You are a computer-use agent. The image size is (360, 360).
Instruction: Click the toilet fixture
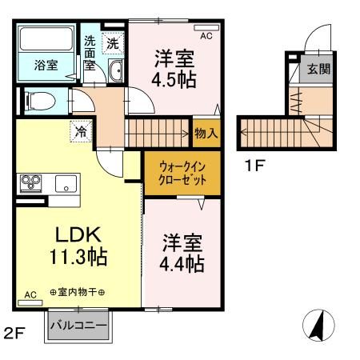pos(40,102)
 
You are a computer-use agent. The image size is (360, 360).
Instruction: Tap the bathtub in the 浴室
pos(46,38)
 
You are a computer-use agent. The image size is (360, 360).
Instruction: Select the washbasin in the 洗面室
pos(115,70)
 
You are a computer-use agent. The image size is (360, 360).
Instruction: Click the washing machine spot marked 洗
pos(113,43)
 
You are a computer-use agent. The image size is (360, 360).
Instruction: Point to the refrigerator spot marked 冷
pos(81,131)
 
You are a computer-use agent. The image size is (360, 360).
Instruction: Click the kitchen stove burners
pos(31,183)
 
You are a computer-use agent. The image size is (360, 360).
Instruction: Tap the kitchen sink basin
pos(66,184)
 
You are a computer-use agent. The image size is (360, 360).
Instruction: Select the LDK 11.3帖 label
pos(78,246)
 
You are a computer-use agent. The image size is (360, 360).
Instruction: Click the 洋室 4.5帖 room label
pos(174,69)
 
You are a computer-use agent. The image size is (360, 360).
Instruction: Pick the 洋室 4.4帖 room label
pos(182,253)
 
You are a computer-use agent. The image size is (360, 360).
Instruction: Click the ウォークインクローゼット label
pos(182,174)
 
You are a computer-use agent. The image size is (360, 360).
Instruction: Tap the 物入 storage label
pos(206,133)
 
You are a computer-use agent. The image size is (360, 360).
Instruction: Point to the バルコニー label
pos(78,326)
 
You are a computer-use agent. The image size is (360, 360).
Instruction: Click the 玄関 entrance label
pos(318,69)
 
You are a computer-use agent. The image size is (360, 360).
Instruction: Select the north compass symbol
pos(318,326)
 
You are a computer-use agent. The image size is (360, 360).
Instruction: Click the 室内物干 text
pos(78,292)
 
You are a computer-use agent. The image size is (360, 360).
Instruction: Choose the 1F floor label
pos(254,166)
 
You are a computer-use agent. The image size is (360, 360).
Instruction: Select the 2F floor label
pos(14,333)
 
